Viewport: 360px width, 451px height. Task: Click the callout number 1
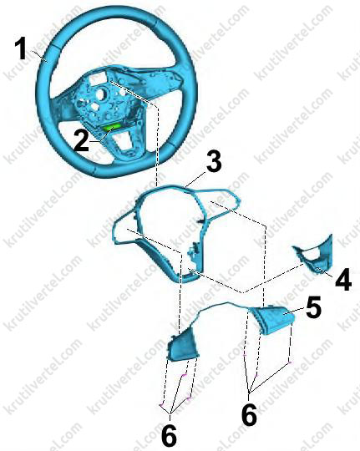pyautogui.click(x=22, y=50)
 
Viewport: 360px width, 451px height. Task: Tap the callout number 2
pyautogui.click(x=82, y=140)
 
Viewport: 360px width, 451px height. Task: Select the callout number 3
pyautogui.click(x=214, y=162)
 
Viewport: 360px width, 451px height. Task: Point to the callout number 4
pyautogui.click(x=343, y=280)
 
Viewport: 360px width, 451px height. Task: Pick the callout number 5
pyautogui.click(x=313, y=307)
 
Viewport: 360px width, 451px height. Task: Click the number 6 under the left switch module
pyautogui.click(x=169, y=435)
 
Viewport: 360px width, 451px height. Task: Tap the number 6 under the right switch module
pyautogui.click(x=249, y=414)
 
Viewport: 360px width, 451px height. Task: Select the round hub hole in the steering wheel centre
pyautogui.click(x=101, y=94)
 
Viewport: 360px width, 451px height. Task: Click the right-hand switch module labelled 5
pyautogui.click(x=273, y=319)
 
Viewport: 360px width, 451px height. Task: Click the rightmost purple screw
pyautogui.click(x=290, y=362)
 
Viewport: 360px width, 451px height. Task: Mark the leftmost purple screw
pyautogui.click(x=160, y=405)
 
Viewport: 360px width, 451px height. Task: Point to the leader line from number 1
pyautogui.click(x=40, y=56)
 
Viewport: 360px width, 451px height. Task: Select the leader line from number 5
pyautogui.click(x=294, y=311)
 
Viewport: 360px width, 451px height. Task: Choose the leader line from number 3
pyautogui.click(x=195, y=179)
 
